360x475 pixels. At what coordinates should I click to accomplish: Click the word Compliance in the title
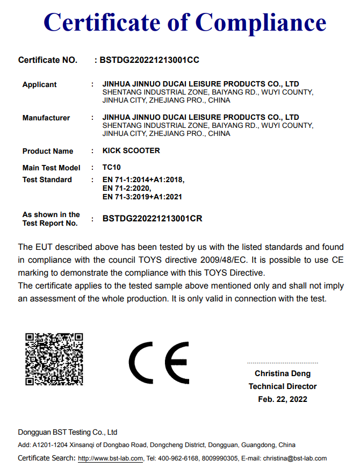click(261, 23)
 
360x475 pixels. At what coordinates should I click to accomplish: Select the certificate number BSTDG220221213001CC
click(149, 60)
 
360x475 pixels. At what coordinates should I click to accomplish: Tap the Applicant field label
click(39, 85)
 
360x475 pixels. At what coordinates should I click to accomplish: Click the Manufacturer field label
click(46, 118)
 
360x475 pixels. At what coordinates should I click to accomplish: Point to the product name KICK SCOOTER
click(131, 151)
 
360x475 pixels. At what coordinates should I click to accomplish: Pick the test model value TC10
click(111, 168)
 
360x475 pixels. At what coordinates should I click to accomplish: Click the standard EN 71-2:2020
click(127, 189)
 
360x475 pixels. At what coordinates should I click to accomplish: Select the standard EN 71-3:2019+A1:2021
click(142, 197)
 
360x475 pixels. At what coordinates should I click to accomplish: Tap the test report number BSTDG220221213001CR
click(152, 219)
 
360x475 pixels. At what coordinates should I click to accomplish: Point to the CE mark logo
click(159, 363)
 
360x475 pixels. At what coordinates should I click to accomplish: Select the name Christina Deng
click(283, 373)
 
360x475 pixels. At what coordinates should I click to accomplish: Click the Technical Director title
click(283, 386)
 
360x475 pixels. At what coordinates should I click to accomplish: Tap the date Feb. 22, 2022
click(283, 399)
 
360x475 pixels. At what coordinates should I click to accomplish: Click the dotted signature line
click(283, 364)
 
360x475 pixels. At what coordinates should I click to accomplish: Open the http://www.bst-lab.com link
click(111, 459)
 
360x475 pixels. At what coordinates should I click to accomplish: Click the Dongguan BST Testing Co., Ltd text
click(68, 433)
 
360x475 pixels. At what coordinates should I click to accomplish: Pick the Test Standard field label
click(47, 180)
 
